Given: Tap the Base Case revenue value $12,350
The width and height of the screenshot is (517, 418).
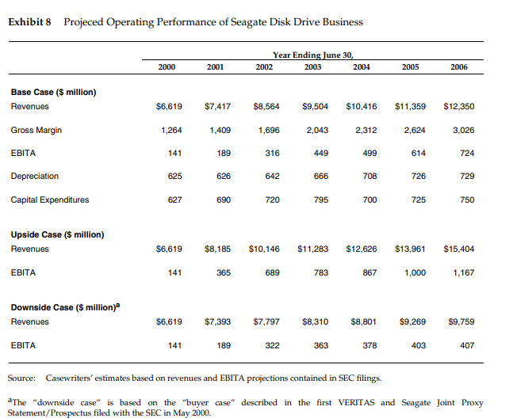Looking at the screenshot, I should [x=458, y=106].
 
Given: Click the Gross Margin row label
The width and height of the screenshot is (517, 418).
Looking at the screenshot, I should [x=36, y=130].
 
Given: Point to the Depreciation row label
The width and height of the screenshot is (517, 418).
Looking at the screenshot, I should [x=35, y=176].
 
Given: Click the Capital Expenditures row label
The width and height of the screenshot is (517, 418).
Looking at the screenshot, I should [x=49, y=199].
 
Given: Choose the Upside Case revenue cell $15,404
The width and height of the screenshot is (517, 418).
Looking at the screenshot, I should [x=458, y=249].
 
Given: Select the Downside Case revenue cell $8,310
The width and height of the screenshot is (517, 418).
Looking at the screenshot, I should [x=316, y=321].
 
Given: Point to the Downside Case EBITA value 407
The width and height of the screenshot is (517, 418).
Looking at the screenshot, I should [x=467, y=345].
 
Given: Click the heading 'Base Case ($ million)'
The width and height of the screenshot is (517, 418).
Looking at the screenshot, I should [x=53, y=92].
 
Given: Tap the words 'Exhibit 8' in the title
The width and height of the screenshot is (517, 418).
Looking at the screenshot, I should [x=29, y=21].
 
